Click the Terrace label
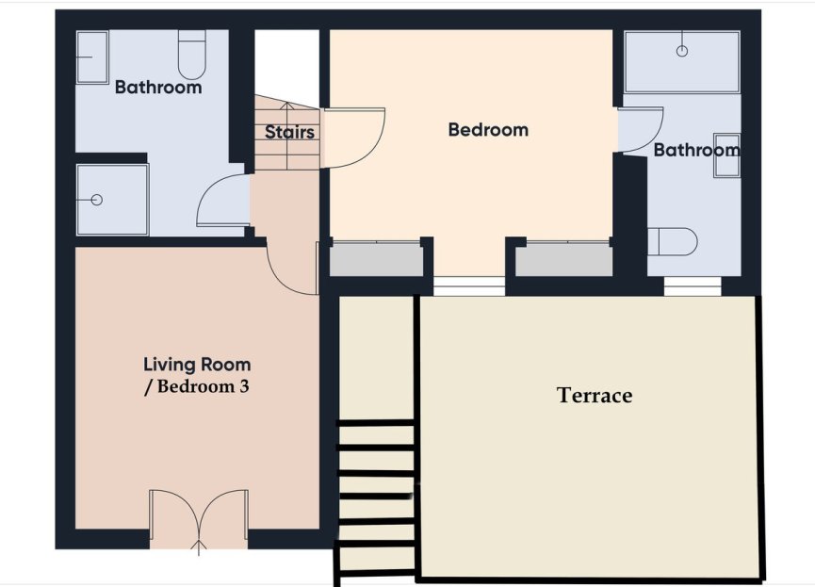594,396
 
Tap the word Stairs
289,133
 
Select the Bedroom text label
488,130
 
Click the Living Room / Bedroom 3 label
196,375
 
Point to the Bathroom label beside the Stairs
158,88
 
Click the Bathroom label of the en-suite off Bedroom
696,150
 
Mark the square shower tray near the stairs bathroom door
111,199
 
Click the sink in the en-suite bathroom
726,154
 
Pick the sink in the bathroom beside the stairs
91,56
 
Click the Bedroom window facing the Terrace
468,285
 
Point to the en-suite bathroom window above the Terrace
693,285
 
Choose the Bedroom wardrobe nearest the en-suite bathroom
562,259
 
